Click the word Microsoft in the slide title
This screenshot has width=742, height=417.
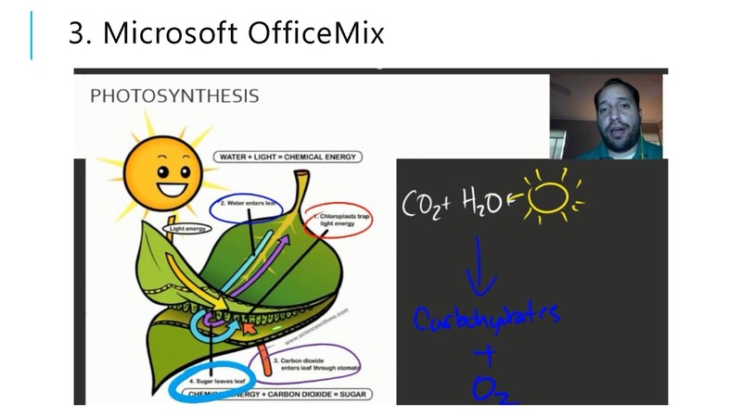(168, 33)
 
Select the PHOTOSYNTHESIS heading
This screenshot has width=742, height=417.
(173, 96)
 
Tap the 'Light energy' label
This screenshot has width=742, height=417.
(187, 226)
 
